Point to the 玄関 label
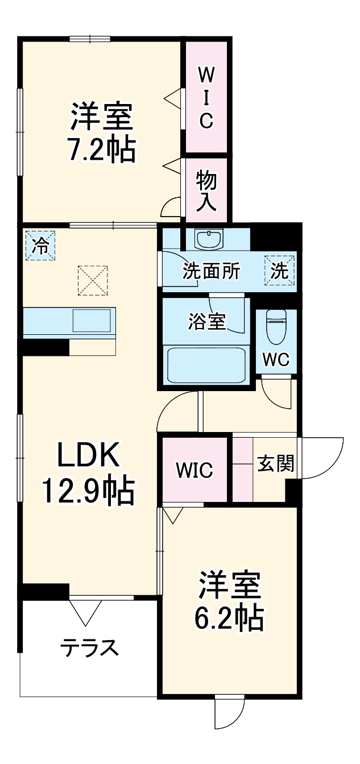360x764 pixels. click(276, 464)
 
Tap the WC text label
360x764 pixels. click(276, 359)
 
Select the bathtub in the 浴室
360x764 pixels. click(206, 364)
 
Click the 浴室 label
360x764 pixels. click(206, 322)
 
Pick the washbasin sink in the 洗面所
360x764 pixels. click(210, 239)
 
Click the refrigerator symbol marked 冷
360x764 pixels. click(40, 246)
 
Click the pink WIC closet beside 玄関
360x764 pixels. click(195, 470)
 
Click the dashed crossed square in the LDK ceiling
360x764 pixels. click(92, 280)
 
